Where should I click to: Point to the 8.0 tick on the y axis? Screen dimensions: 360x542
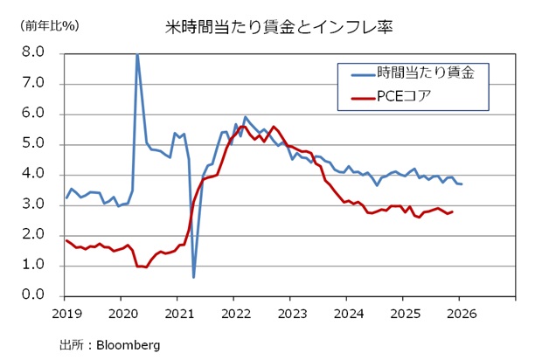point(33,53)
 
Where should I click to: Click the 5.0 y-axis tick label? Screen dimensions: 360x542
point(33,144)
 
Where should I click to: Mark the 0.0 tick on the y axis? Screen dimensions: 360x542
point(33,296)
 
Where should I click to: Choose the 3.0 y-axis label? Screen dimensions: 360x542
point(33,205)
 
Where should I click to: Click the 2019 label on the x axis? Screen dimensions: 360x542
point(66,313)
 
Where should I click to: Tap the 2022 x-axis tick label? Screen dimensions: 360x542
point(235,313)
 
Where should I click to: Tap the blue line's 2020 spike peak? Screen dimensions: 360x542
point(136,55)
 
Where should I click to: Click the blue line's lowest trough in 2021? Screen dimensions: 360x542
point(193,277)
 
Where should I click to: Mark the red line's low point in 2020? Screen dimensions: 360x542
point(145,267)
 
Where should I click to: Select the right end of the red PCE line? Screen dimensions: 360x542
point(451,211)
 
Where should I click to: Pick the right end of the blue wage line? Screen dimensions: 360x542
point(462,183)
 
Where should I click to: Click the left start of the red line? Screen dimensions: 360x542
point(66,240)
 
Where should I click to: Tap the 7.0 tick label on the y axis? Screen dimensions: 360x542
point(33,84)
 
